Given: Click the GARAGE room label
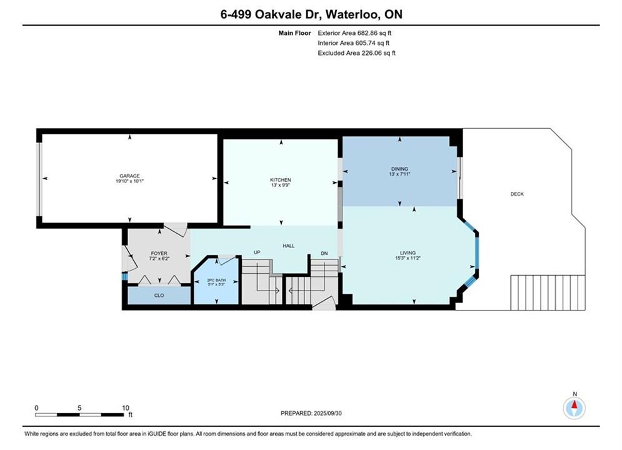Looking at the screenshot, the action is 130,176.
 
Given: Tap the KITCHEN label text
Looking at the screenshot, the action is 281,180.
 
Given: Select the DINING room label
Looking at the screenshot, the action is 399,169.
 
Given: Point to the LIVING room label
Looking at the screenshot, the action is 408,253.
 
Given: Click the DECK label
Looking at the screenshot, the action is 517,194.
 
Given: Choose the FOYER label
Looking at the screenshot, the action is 159,253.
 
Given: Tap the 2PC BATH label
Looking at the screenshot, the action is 216,280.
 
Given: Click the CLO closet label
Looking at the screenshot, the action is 159,296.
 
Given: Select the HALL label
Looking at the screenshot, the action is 289,246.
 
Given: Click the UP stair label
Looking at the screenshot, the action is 257,252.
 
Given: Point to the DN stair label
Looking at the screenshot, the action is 324,253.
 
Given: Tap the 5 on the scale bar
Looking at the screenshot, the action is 79,408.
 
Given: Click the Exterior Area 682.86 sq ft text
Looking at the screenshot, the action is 354,33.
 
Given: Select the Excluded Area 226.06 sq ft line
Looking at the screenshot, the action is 356,53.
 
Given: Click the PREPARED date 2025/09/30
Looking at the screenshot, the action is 311,413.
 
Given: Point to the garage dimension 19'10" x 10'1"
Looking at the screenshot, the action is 130,181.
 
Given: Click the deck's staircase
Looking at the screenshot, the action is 548,292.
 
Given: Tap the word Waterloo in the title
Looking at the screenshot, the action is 351,14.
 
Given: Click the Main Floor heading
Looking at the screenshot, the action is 294,33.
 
